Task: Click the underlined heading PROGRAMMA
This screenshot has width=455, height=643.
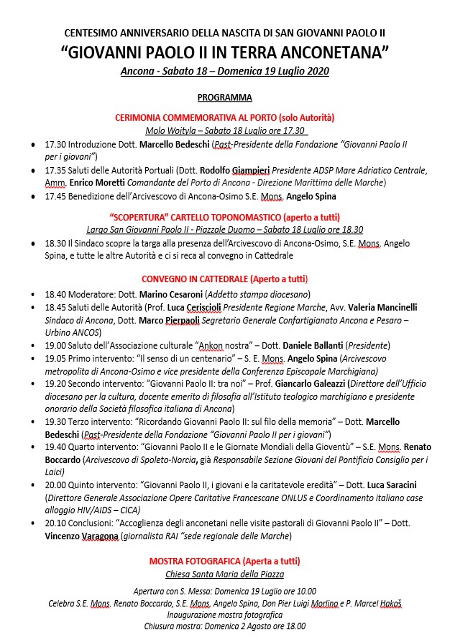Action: click(x=224, y=97)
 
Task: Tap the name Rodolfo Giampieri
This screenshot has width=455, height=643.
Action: click(x=235, y=170)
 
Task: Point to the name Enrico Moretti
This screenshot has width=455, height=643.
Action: click(x=97, y=183)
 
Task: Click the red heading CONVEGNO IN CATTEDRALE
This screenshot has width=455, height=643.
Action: click(x=195, y=279)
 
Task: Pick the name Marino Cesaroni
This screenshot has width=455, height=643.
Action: click(x=171, y=294)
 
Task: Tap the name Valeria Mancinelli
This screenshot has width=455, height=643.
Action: click(x=382, y=307)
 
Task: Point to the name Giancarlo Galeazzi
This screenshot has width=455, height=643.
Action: click(x=310, y=384)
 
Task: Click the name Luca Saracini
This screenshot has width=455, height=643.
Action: click(x=392, y=485)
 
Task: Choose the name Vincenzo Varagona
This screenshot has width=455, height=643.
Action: click(x=81, y=536)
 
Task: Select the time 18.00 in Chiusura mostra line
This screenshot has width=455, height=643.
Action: click(x=295, y=626)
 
